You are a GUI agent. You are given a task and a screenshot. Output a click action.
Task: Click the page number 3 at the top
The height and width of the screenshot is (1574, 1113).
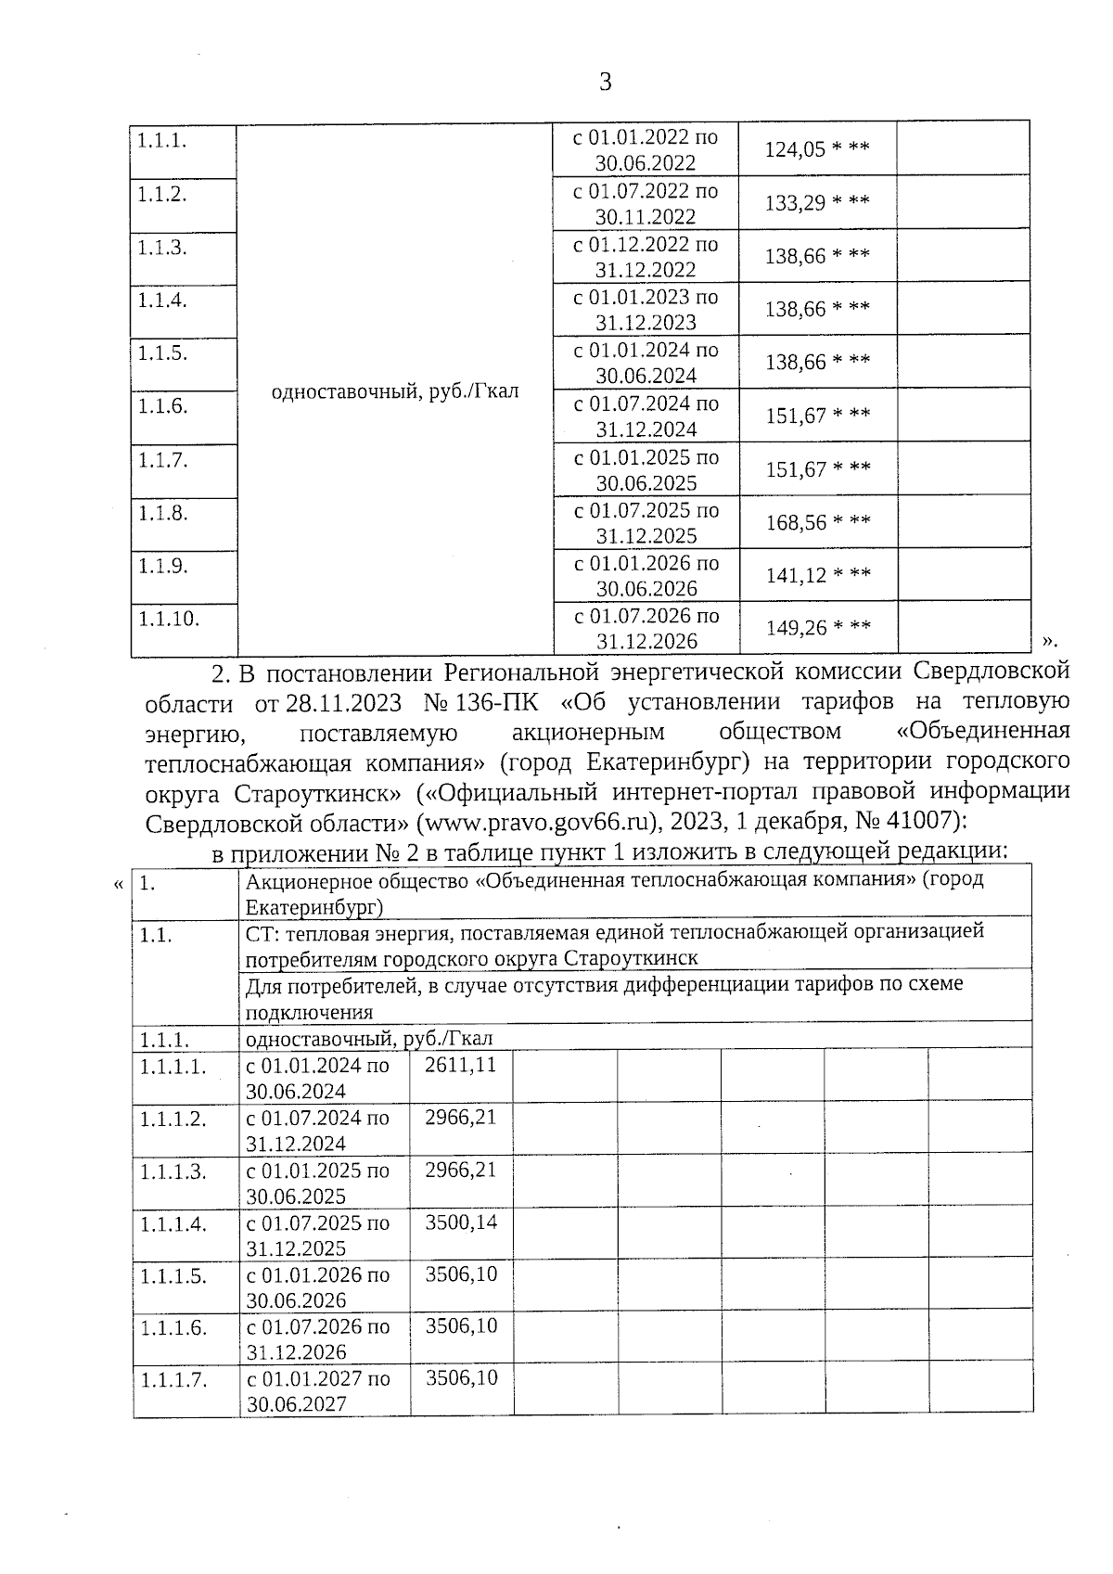click(606, 83)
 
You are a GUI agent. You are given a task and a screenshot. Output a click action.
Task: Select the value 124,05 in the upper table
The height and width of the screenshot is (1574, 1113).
click(794, 149)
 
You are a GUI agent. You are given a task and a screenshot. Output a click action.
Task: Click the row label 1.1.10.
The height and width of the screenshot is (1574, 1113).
click(169, 619)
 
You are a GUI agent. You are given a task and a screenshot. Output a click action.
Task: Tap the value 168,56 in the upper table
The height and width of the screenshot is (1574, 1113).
click(796, 522)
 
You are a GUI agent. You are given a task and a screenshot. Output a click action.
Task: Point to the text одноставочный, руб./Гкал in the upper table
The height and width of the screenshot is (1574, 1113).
click(394, 391)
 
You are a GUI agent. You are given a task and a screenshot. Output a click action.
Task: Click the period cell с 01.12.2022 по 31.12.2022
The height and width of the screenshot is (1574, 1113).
click(646, 257)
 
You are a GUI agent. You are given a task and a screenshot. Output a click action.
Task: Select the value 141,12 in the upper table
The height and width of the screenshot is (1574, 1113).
click(796, 575)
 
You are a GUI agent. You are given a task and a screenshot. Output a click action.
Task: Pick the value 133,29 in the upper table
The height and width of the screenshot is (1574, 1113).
click(795, 202)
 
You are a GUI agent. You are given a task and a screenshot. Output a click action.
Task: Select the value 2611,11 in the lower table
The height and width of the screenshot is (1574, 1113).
click(460, 1065)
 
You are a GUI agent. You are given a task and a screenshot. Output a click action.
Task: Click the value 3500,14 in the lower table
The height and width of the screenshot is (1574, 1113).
click(461, 1222)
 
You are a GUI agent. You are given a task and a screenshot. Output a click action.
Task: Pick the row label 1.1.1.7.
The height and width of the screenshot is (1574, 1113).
click(173, 1379)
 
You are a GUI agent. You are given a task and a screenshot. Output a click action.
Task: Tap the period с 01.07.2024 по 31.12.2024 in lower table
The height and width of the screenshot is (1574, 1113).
click(317, 1130)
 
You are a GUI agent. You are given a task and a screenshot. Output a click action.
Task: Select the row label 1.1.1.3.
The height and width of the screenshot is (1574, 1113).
click(173, 1171)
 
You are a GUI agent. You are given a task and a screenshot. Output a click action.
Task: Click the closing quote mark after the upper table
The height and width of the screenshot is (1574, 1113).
click(1049, 640)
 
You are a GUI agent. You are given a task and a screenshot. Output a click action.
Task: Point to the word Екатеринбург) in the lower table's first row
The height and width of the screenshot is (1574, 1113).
click(313, 906)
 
